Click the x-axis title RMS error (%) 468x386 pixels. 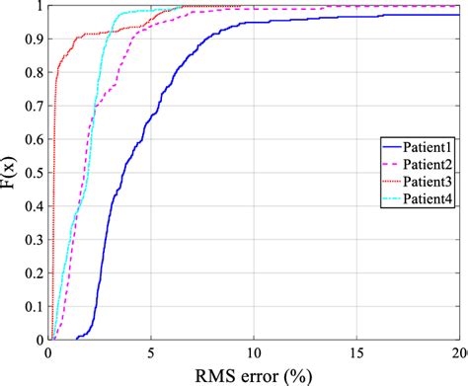(x=256, y=374)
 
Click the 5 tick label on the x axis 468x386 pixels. (x=151, y=352)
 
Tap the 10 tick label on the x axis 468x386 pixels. (x=254, y=352)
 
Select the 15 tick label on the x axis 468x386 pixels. (x=357, y=352)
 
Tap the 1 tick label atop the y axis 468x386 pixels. (x=37, y=6)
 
